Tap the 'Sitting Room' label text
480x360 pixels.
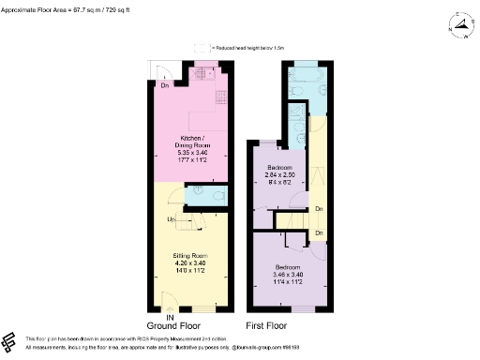pos(189,255)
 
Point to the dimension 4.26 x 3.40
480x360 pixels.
pos(189,263)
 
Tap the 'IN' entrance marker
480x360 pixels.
pos(171,317)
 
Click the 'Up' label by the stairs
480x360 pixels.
pos(172,219)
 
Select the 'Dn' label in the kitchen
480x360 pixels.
pos(164,86)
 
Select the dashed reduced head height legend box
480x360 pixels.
pos(200,47)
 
